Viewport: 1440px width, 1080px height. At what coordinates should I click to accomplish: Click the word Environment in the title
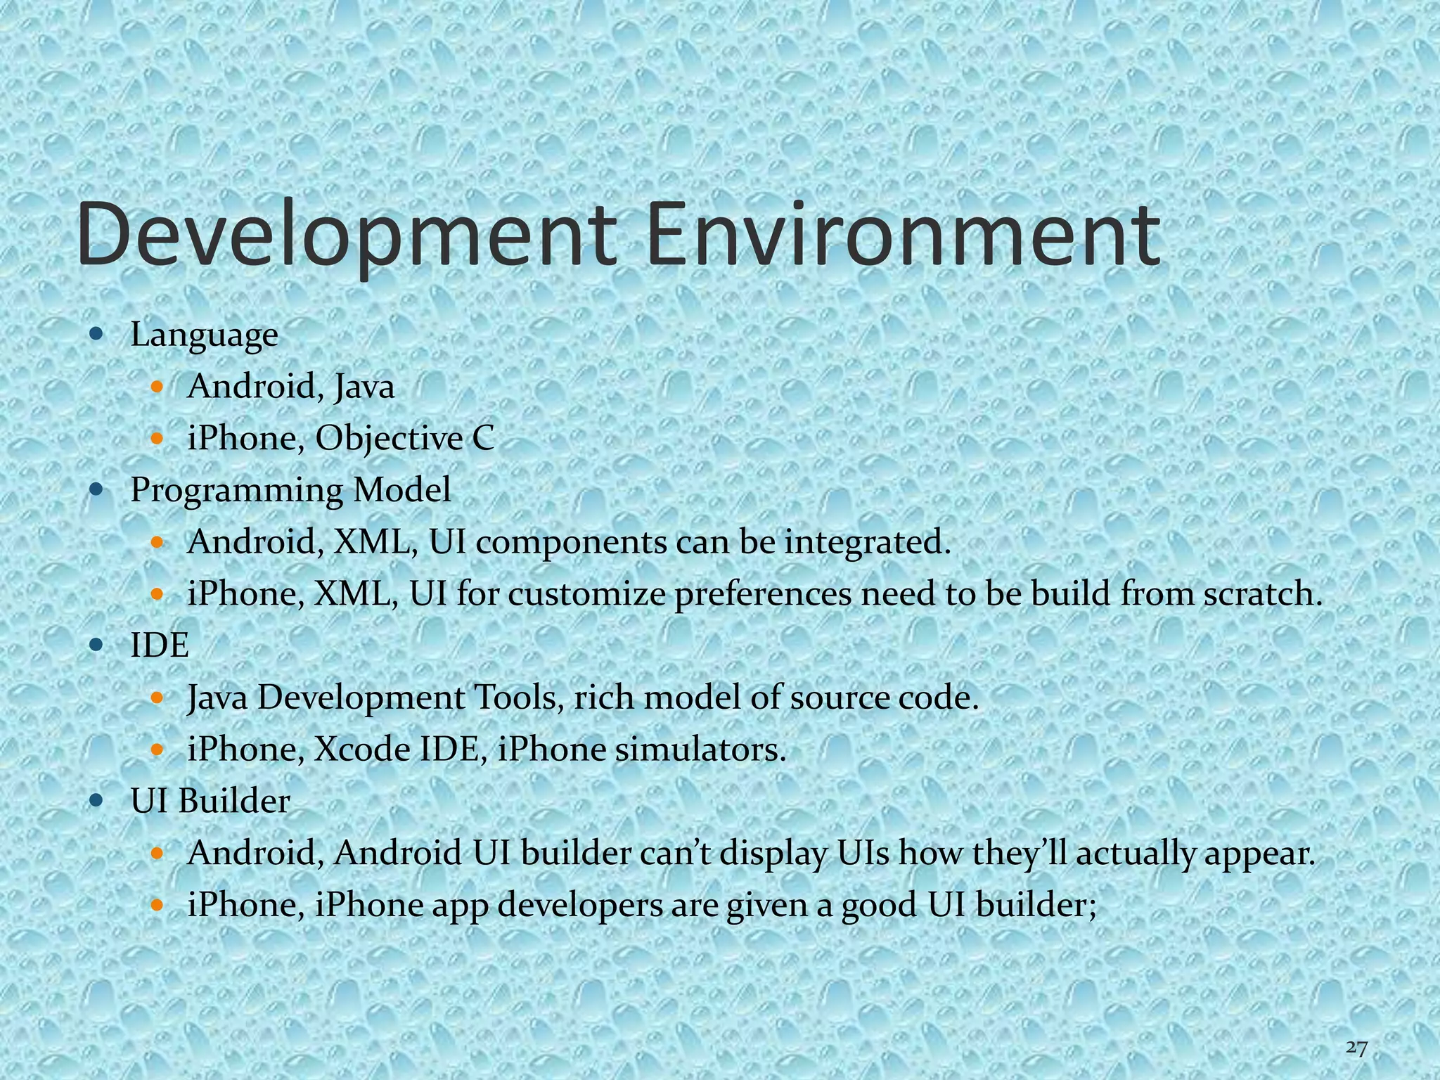click(903, 233)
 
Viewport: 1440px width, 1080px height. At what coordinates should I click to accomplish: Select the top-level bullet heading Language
click(204, 335)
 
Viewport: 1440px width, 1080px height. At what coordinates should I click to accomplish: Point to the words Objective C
click(405, 439)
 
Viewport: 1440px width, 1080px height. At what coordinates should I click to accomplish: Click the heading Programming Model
click(290, 490)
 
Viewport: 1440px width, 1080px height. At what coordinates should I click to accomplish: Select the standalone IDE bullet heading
click(160, 645)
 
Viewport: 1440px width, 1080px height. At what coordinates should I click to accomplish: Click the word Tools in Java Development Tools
click(517, 697)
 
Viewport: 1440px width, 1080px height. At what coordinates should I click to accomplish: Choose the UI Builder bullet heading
click(210, 801)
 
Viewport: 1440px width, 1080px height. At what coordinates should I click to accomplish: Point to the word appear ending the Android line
click(1258, 854)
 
